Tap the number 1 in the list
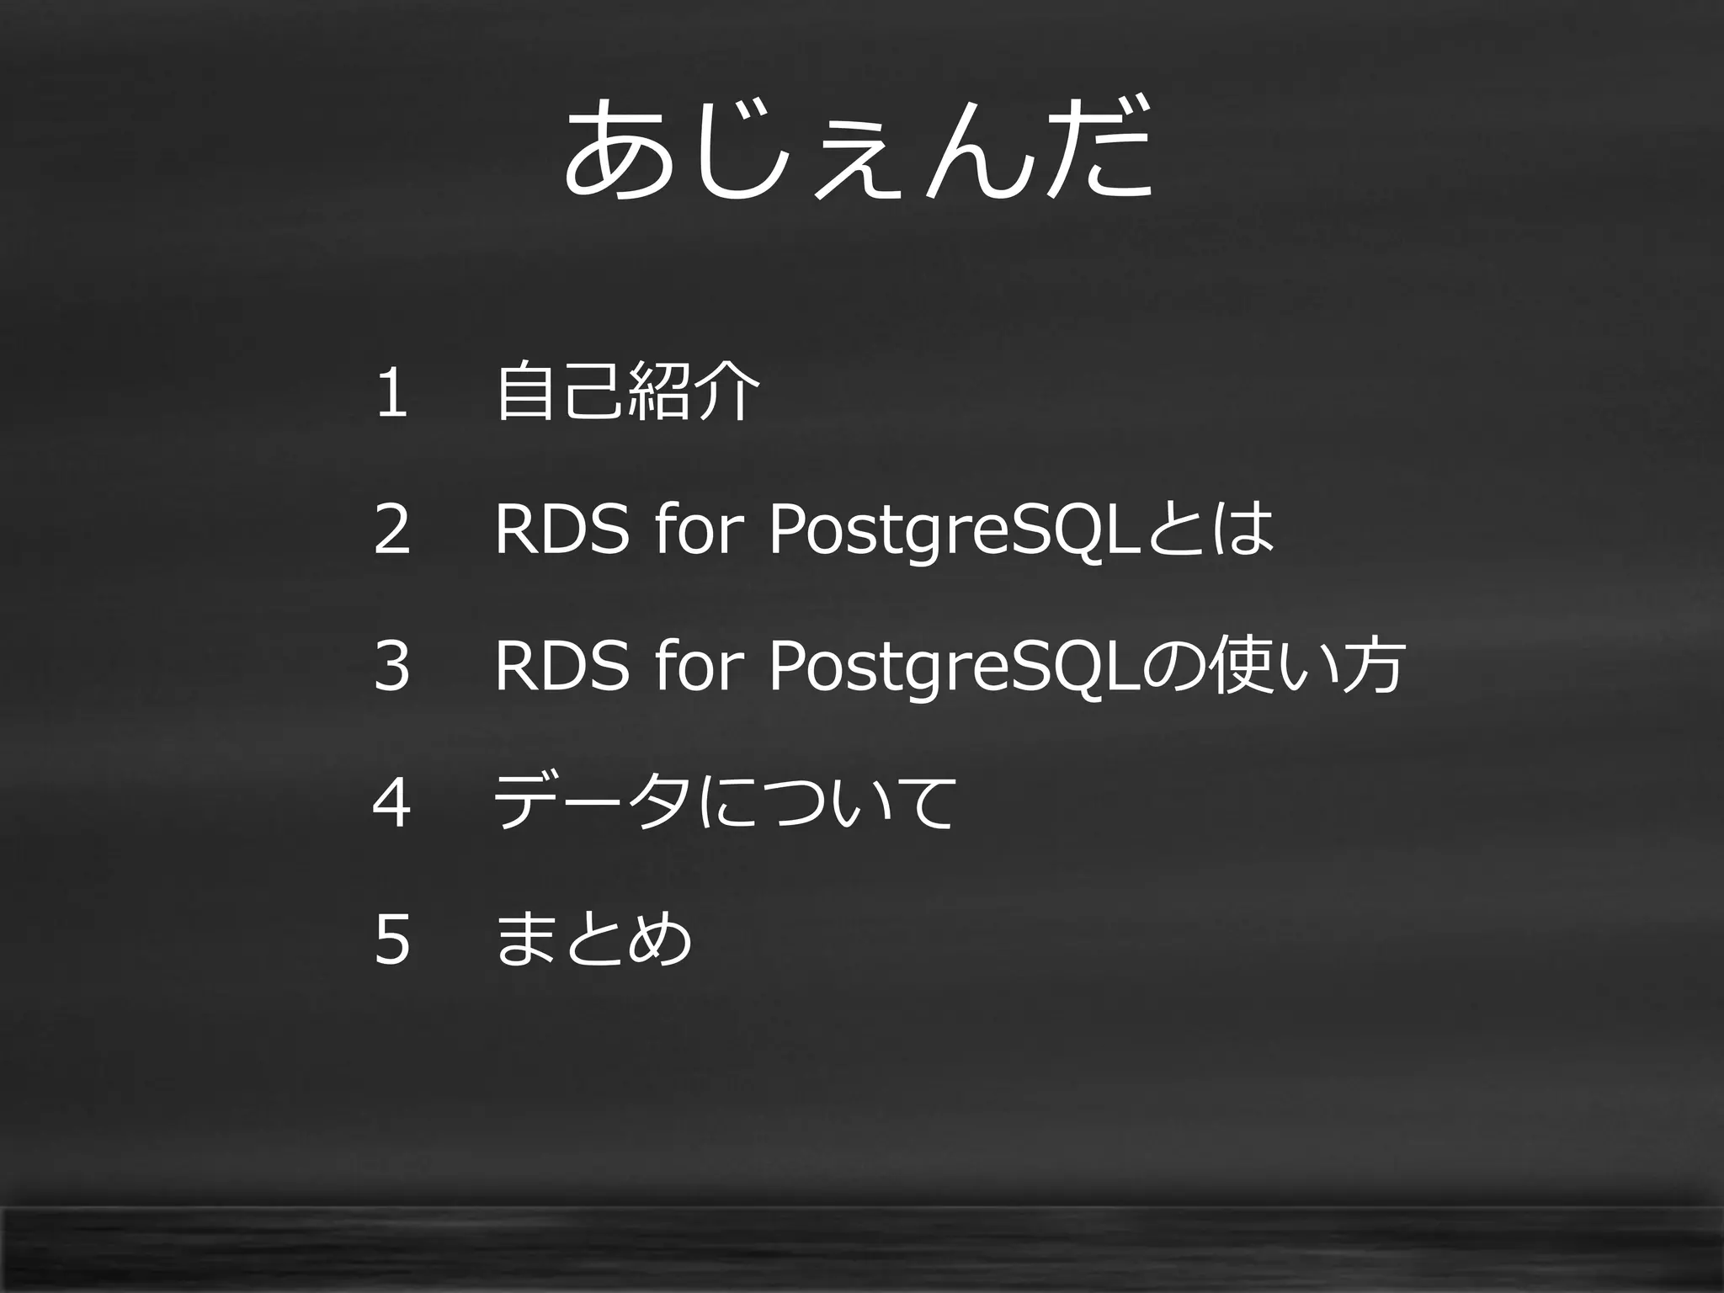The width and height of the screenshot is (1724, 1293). click(x=392, y=392)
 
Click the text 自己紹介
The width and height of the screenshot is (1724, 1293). click(x=628, y=391)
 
